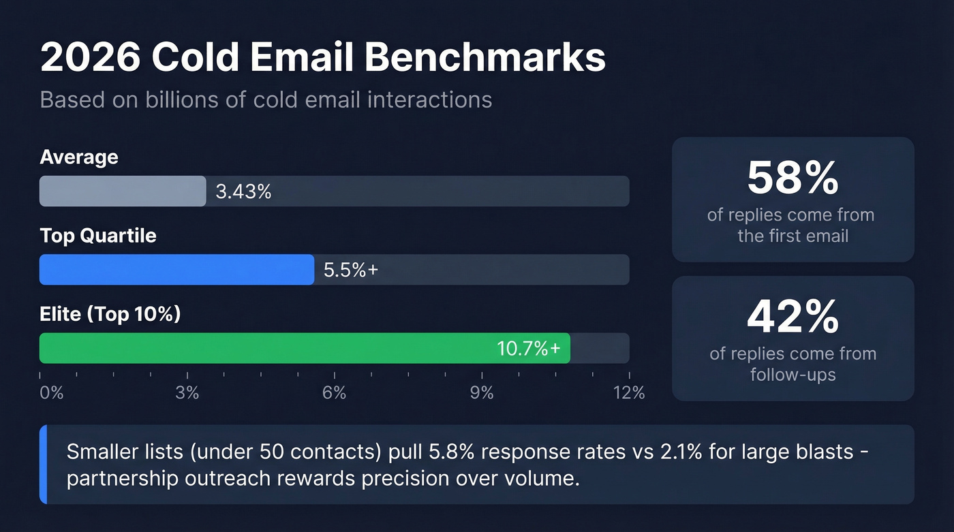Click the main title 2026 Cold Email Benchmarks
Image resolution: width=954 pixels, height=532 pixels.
(322, 57)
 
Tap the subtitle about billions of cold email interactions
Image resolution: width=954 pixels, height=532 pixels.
(266, 99)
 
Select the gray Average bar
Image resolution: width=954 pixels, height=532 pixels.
(123, 191)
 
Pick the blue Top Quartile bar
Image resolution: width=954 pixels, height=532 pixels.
(176, 270)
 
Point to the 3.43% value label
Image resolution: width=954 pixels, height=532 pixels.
(243, 192)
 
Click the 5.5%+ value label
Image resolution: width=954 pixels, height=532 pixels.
(350, 270)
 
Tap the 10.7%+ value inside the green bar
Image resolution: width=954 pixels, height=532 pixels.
(529, 349)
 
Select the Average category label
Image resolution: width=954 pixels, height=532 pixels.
(79, 157)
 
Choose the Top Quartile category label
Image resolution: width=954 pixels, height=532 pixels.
(98, 236)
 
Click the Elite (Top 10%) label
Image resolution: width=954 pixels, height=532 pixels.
(110, 315)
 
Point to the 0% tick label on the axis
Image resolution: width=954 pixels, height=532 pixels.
(51, 393)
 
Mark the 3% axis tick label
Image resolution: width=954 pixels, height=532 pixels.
(187, 393)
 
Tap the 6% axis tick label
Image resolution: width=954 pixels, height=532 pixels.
(335, 393)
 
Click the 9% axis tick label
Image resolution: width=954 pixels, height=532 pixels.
(482, 393)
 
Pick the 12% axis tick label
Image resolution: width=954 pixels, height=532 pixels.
(628, 393)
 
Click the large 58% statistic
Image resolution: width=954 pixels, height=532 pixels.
(793, 178)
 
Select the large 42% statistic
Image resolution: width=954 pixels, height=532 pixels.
(793, 317)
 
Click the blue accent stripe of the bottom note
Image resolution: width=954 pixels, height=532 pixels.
(44, 465)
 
